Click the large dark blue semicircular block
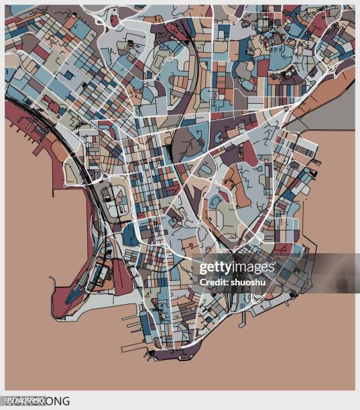(130, 234)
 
